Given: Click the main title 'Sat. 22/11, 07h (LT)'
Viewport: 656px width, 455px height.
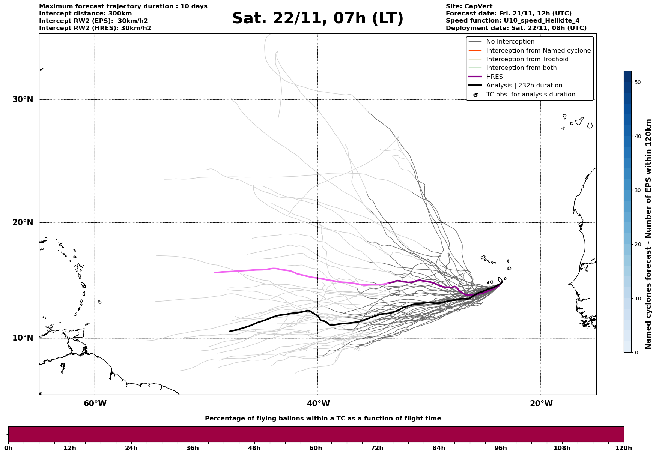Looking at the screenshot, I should point(317,18).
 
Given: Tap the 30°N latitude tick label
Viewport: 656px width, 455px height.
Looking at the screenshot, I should point(23,99).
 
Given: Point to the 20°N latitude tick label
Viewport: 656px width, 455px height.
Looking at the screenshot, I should point(23,222).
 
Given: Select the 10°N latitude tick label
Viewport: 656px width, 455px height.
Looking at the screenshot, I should point(23,338).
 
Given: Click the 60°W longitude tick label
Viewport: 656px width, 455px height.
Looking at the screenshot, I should point(95,404).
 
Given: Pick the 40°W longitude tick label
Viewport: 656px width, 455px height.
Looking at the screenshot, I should point(318,404).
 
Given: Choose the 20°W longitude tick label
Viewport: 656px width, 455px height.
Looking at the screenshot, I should point(541,404).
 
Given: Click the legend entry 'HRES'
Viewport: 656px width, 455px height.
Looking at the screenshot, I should point(494,77).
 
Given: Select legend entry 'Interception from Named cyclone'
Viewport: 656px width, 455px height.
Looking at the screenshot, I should point(538,51).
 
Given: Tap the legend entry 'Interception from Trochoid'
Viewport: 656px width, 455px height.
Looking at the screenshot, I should point(527,59).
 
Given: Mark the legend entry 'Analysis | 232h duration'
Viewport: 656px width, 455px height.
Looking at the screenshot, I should point(524,86).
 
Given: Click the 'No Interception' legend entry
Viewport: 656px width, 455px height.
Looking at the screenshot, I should point(510,42).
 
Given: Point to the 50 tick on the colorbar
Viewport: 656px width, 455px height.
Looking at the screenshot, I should point(637,82).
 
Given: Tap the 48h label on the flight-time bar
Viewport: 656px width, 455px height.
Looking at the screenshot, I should point(254,448).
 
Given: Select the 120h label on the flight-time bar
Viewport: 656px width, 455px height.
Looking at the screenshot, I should point(624,448).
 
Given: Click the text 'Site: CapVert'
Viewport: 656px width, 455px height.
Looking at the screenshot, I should point(469,6).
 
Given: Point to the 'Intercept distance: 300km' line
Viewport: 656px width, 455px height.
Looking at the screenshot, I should point(85,14).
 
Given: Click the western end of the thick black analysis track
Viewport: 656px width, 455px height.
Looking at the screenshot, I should point(230,331).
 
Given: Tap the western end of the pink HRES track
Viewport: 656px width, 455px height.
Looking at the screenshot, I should point(215,272).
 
